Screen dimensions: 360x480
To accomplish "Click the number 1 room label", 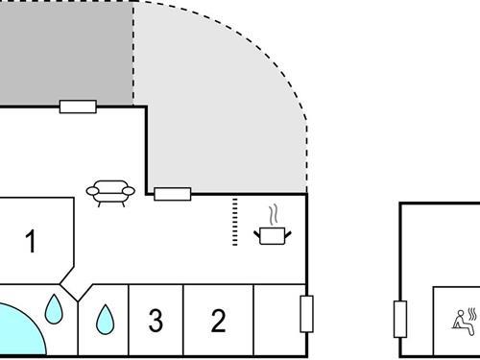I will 31,242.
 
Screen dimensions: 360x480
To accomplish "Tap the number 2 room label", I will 219,321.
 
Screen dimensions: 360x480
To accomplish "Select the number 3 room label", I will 156,321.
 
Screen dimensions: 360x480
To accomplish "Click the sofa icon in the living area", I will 110,192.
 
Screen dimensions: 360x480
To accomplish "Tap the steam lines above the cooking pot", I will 275,213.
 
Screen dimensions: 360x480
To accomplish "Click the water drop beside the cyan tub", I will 55,309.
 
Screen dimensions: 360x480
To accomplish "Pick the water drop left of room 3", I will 104,317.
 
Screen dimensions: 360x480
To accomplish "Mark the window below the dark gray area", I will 78,107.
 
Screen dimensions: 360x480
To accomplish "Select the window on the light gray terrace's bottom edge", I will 174,194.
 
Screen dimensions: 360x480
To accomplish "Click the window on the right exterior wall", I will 307,314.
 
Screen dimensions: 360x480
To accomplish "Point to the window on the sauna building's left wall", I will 400,319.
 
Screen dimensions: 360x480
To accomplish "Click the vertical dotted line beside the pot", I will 235,223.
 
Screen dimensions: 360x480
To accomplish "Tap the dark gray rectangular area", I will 65,50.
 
